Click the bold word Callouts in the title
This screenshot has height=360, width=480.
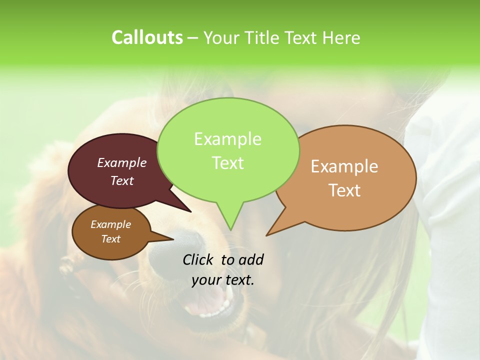147,37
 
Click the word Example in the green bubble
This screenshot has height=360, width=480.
227,139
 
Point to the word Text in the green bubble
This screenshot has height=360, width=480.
227,163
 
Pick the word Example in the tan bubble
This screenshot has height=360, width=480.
344,166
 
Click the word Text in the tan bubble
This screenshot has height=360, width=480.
344,190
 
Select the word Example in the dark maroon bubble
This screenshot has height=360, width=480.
122,162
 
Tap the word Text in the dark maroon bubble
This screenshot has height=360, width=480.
122,180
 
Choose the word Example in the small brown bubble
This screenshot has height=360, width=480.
110,224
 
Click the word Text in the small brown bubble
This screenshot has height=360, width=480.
110,239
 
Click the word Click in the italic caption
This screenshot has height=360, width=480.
199,259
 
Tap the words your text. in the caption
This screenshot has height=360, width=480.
223,280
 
